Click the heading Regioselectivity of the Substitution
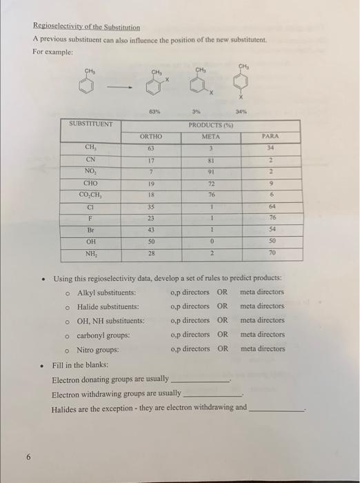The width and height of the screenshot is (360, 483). click(x=86, y=28)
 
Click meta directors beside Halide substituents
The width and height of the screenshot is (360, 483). click(x=262, y=306)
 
